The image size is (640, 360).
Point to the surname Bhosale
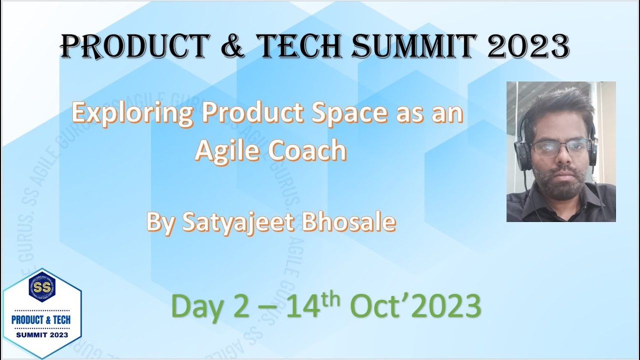(348, 222)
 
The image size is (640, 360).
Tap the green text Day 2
(210, 305)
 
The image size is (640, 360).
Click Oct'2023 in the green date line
(414, 305)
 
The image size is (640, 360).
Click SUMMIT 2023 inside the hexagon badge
(42, 333)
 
